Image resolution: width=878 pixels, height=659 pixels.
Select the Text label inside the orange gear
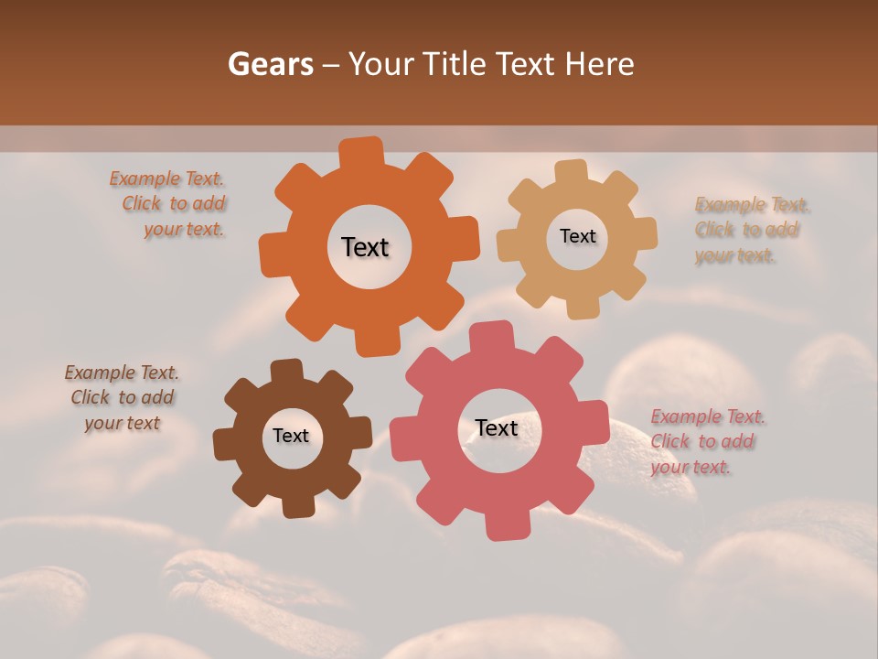[365, 247]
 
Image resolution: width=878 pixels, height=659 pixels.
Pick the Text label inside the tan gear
[577, 236]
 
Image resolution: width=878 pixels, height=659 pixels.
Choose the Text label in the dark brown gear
[291, 436]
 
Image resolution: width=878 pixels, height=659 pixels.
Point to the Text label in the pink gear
[497, 427]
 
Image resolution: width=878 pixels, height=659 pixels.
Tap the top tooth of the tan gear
[571, 172]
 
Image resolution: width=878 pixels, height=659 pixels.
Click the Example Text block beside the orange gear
[172, 204]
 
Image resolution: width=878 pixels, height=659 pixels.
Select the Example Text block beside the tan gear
[750, 230]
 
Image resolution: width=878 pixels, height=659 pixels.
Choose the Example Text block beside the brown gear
[122, 397]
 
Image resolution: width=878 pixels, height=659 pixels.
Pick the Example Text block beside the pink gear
[706, 441]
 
